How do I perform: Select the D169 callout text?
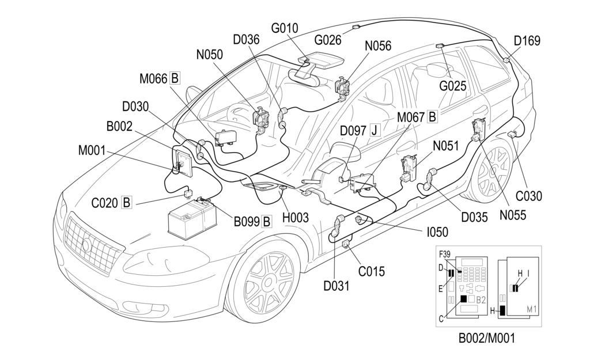(527, 41)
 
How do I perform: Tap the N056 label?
(378, 47)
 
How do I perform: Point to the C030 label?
(528, 196)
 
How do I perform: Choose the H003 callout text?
(296, 218)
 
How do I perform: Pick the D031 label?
(336, 285)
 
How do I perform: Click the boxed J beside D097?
(375, 131)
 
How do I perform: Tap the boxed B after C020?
(127, 202)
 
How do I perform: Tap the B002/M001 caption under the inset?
(486, 339)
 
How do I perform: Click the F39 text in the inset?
(444, 254)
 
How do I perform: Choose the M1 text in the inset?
(532, 310)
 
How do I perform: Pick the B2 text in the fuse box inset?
(481, 300)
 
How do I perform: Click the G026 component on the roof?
(355, 27)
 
